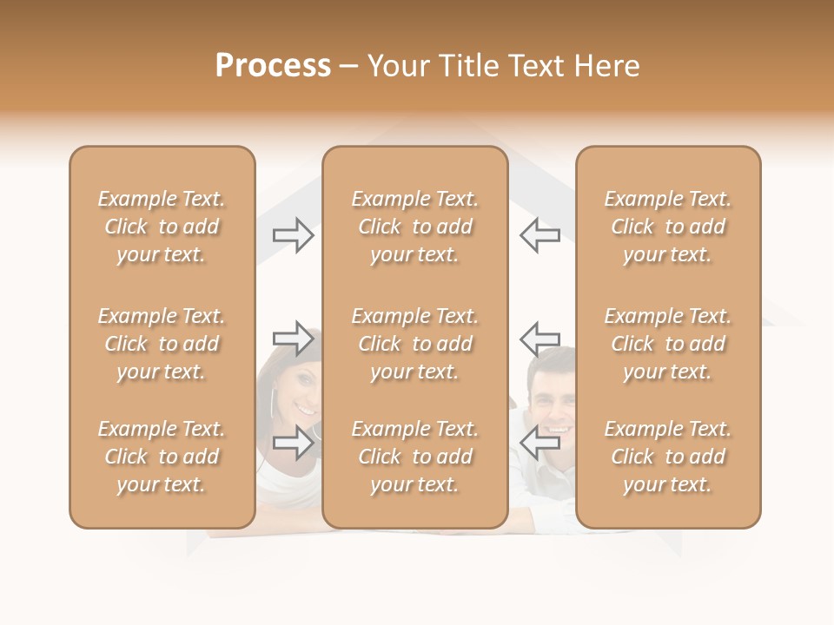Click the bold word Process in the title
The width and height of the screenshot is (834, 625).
[x=273, y=66]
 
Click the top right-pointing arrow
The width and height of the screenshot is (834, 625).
[x=293, y=235]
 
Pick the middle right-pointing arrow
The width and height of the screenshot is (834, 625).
[x=293, y=339]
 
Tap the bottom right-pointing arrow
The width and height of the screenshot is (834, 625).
[x=293, y=443]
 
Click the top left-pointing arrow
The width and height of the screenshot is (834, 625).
[x=539, y=235]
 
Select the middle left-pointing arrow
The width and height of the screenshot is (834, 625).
[x=539, y=339]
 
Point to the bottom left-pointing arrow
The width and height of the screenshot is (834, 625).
[x=539, y=443]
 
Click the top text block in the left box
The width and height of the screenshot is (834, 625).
[x=162, y=227]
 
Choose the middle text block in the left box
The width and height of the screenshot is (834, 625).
[x=162, y=344]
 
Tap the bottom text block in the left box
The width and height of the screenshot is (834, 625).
[x=162, y=457]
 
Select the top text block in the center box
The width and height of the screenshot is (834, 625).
[x=414, y=227]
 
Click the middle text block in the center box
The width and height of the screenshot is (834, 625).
[x=414, y=344]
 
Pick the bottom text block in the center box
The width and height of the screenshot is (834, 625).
[x=414, y=457]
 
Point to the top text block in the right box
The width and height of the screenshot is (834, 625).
[x=668, y=227]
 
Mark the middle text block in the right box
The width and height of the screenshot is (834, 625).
[x=668, y=344]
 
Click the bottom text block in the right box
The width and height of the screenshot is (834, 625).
[x=668, y=457]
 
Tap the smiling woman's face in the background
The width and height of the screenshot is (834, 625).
[x=298, y=392]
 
